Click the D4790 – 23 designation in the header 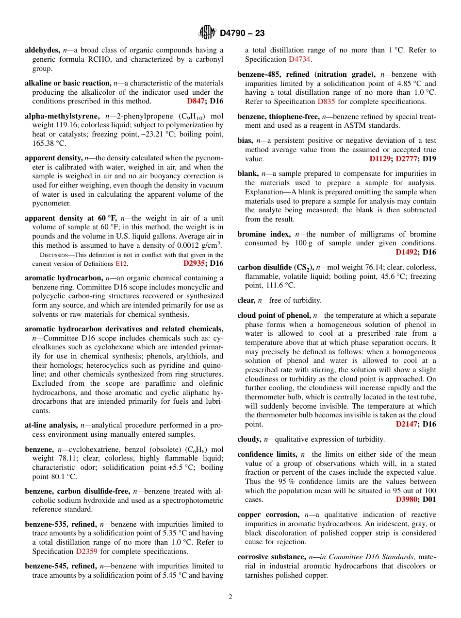pyautogui.click(x=242, y=34)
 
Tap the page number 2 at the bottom pyautogui.click(x=230, y=597)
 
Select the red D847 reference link pyautogui.click(x=196, y=101)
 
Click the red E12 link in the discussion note pyautogui.click(x=121, y=264)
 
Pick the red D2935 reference pyautogui.click(x=194, y=263)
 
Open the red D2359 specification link pyautogui.click(x=87, y=551)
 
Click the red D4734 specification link pyautogui.click(x=299, y=59)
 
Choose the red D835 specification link pyautogui.click(x=326, y=102)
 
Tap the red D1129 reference pyautogui.click(x=380, y=159)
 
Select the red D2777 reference pyautogui.click(x=406, y=159)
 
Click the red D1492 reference pyautogui.click(x=406, y=252)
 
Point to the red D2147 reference pyautogui.click(x=406, y=424)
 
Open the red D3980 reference pyautogui.click(x=406, y=499)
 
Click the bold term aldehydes pyautogui.click(x=42, y=50)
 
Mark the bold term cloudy pyautogui.click(x=248, y=439)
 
